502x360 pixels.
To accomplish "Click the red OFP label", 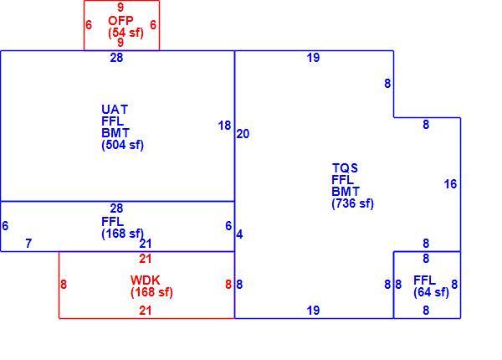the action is point(120,21).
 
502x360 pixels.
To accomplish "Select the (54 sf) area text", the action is point(125,33).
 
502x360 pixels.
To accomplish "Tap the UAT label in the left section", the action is point(115,110).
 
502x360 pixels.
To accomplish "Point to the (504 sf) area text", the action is point(123,145).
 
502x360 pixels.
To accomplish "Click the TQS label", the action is point(345,168).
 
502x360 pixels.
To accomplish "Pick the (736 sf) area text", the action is point(353,203).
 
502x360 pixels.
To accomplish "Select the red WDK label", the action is point(145,280).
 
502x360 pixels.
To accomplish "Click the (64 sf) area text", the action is point(431,292).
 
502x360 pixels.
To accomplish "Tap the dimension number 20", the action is point(243,134).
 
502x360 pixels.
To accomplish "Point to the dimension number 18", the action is point(224,126).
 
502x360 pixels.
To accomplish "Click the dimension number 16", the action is point(450,184).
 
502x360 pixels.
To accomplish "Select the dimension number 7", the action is point(28,244).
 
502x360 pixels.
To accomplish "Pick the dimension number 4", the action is point(239,234).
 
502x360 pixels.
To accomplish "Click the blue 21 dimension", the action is point(146,244).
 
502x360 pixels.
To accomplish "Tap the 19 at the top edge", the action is point(313,58).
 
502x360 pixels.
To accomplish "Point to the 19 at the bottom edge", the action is point(313,311).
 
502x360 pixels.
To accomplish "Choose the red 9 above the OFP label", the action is point(120,7).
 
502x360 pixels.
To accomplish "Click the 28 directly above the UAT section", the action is point(116,58).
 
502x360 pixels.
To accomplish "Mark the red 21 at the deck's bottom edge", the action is point(146,311).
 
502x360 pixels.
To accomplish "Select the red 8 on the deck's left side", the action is point(64,285).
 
